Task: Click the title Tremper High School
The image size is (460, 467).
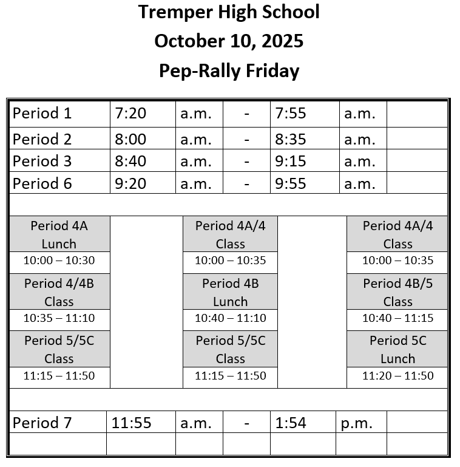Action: point(229,12)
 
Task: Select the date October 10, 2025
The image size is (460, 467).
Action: point(229,41)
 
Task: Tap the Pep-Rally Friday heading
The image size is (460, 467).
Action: point(229,71)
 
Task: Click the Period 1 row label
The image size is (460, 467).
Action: point(42,114)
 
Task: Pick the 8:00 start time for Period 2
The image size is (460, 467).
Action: point(130,140)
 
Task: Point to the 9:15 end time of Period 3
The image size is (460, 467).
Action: point(291,162)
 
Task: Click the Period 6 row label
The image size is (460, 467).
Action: point(42,183)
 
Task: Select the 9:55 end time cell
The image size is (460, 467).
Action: point(291,183)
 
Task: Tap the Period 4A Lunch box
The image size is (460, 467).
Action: point(59,234)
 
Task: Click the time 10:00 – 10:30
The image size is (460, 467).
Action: point(59,261)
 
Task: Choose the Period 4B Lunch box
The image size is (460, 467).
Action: point(230,292)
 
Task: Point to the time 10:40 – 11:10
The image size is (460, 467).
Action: point(230,318)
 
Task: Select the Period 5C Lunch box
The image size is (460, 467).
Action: point(397,349)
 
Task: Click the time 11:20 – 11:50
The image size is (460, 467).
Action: point(397,376)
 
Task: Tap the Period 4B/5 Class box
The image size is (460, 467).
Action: point(397,292)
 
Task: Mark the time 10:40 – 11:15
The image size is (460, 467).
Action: point(397,318)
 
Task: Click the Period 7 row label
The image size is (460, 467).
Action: point(42,423)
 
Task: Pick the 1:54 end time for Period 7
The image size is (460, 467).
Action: point(291,423)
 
